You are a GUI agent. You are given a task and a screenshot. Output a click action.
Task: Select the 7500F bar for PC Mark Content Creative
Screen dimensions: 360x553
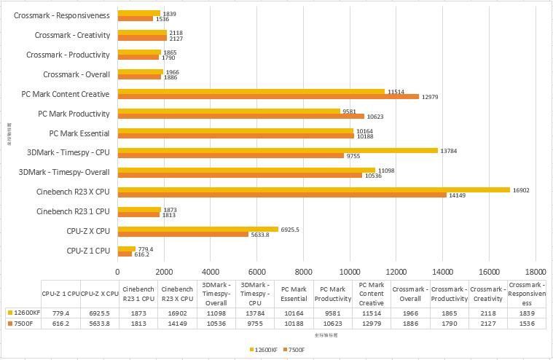coord(268,97)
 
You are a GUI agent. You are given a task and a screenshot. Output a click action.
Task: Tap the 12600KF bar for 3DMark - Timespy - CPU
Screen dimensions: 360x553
coord(278,150)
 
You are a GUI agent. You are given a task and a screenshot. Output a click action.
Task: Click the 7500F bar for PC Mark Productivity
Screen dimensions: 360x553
coord(241,116)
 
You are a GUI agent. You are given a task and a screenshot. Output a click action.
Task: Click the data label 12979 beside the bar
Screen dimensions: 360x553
coord(431,97)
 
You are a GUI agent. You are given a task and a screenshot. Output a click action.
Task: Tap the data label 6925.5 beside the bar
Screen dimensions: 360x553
coord(290,230)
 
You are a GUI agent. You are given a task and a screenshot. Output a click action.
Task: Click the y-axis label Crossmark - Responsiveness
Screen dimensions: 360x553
coord(62,15)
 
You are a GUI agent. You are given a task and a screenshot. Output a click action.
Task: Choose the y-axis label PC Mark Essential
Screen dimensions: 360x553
coord(79,133)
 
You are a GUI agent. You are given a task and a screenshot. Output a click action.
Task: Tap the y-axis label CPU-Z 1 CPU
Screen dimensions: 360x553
coord(88,251)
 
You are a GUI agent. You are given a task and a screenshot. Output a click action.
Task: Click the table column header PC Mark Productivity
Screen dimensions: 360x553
coord(332,294)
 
